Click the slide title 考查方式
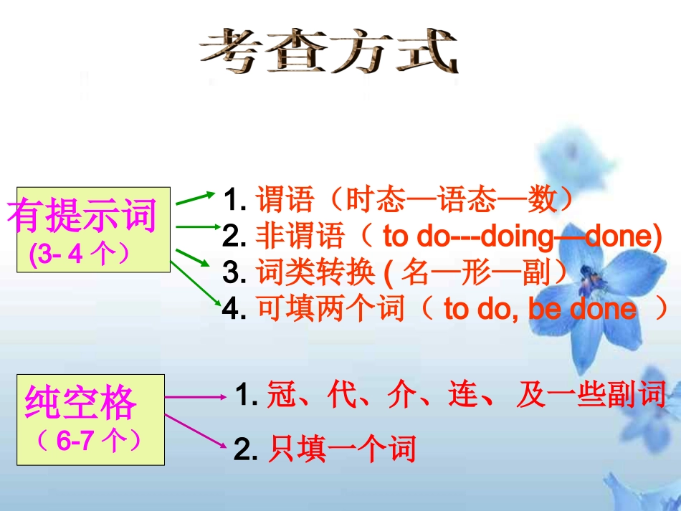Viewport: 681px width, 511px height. click(x=328, y=51)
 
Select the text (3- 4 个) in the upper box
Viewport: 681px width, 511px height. click(x=79, y=255)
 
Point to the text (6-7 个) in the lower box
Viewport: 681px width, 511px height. click(x=89, y=441)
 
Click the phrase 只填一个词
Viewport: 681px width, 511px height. click(x=342, y=450)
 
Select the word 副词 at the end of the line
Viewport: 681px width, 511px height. click(x=640, y=395)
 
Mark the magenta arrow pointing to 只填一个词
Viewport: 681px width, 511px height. click(x=194, y=429)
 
